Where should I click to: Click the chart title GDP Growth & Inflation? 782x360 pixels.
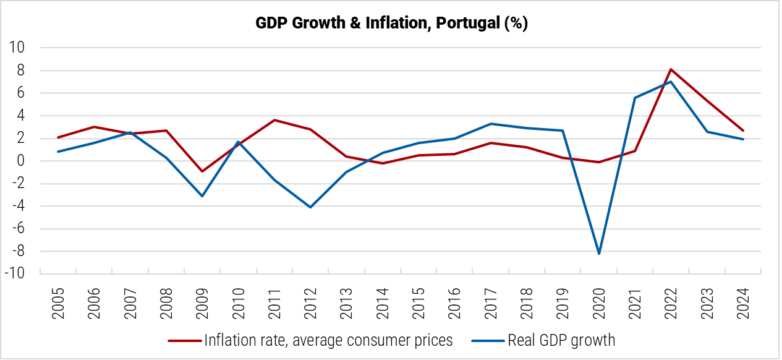pos(391,24)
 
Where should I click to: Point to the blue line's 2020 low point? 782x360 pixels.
pos(599,254)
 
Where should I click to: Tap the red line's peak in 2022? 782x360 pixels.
pos(671,69)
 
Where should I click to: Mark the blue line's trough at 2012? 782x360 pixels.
pos(310,207)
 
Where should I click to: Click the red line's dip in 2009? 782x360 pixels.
pos(202,171)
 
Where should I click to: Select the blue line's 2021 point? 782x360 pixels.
pos(635,98)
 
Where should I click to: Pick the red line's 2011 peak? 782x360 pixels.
pos(274,120)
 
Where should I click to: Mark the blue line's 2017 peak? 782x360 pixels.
pos(491,124)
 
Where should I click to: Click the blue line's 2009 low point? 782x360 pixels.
pos(202,196)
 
